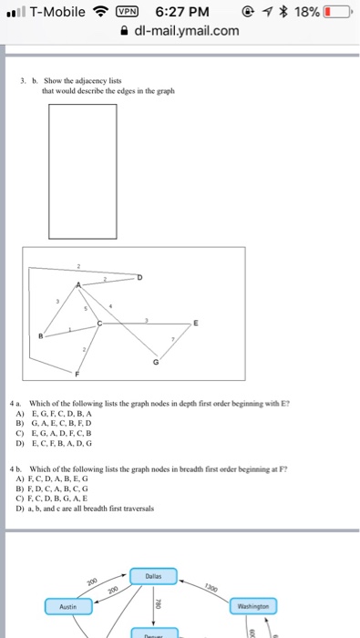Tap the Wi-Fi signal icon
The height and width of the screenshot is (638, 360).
pos(100,12)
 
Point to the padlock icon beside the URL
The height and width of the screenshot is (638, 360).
pos(125,32)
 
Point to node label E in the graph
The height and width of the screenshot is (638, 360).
pos(194,324)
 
